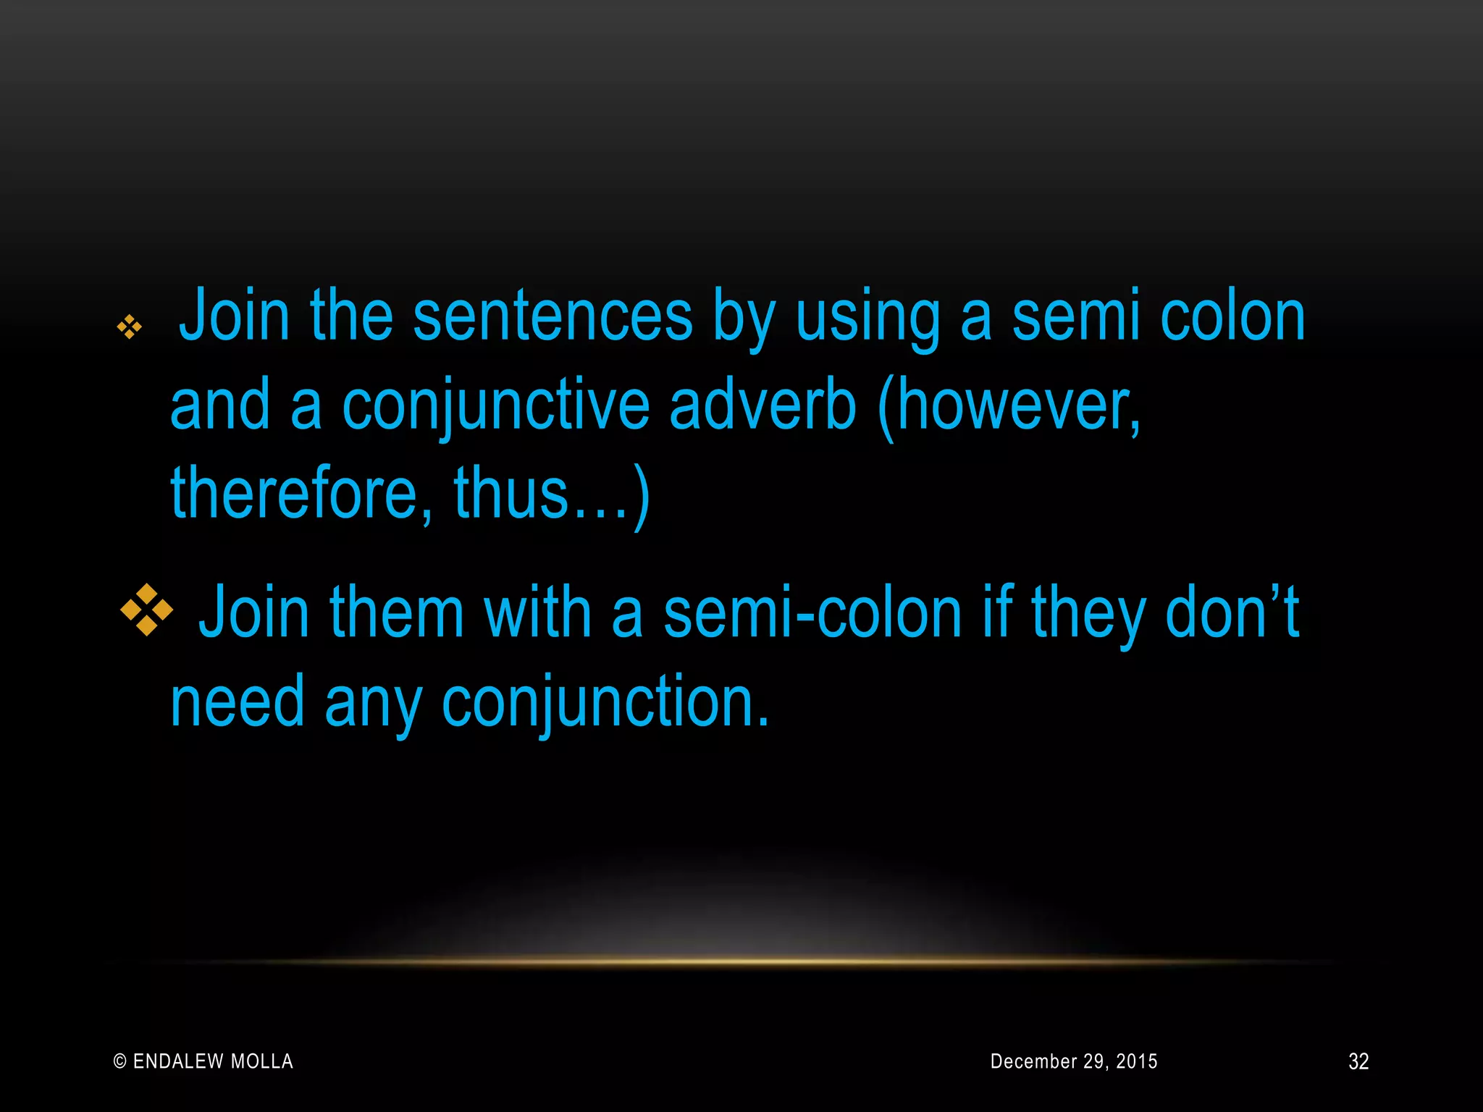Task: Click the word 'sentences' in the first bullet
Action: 553,316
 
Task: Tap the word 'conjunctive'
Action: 495,405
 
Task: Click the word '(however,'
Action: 1008,405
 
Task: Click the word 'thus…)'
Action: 552,494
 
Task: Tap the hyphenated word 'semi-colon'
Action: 812,613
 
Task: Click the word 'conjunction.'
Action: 605,702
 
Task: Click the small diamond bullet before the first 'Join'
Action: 130,327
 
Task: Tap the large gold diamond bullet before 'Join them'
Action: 147,610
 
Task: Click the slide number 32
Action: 1358,1061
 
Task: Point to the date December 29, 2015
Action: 1074,1061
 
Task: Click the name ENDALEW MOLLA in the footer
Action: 213,1061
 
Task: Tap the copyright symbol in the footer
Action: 120,1062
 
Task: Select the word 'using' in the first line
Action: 867,317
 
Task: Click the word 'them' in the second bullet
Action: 396,613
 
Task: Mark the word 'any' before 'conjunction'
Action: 373,702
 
